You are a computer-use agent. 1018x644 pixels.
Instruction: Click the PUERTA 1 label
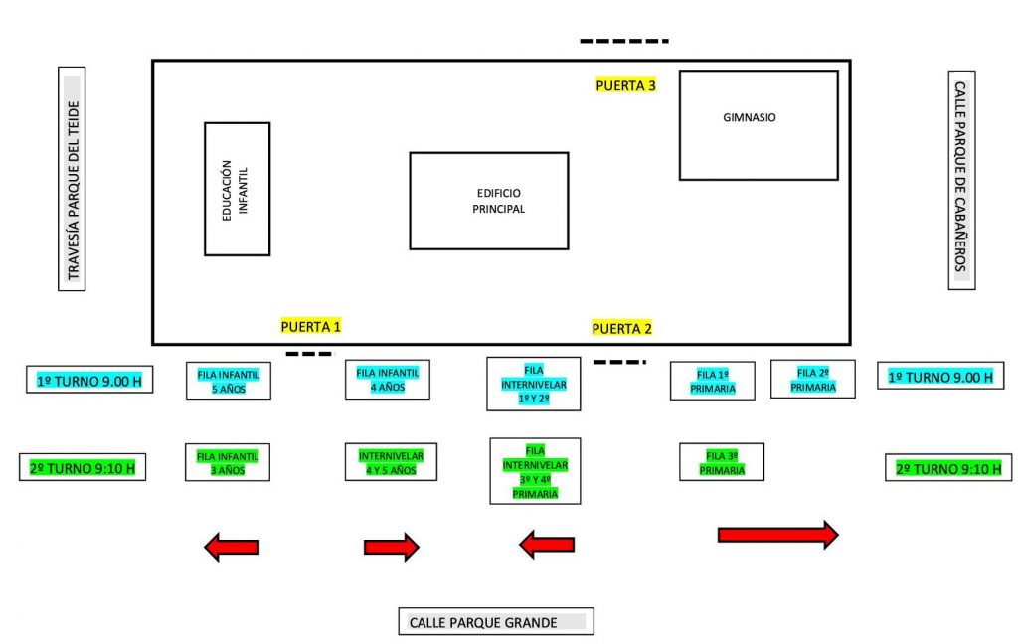tap(311, 326)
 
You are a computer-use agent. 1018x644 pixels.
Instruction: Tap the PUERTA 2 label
tap(622, 329)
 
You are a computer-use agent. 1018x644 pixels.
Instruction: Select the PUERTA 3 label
tap(626, 85)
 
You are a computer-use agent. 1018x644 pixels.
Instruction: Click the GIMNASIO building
tap(759, 125)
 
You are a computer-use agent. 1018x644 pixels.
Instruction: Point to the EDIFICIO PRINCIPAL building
tap(489, 201)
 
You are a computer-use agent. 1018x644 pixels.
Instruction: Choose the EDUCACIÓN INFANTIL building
tap(237, 189)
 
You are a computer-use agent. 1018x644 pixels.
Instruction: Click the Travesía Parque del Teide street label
tap(72, 179)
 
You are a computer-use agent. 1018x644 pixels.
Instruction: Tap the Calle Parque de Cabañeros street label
tap(961, 180)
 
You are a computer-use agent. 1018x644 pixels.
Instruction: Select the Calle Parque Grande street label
tap(496, 622)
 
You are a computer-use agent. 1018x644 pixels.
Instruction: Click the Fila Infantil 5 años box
tap(229, 381)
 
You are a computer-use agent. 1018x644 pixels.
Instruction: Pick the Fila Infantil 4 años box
tap(388, 379)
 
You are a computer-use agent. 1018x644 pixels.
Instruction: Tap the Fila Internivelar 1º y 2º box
tap(534, 384)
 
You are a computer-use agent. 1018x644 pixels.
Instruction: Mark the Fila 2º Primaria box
tap(813, 379)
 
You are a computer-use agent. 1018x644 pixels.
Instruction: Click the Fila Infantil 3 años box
tap(228, 462)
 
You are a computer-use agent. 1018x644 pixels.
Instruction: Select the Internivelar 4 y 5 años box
tap(391, 462)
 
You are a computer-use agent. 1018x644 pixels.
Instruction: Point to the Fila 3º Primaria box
tap(722, 462)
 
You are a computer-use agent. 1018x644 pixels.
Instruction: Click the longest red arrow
tap(777, 535)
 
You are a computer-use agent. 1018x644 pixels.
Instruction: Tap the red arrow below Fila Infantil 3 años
tap(232, 548)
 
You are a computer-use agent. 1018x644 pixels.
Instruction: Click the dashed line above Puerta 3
tap(624, 41)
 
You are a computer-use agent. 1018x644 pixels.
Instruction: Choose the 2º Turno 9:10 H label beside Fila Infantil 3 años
tap(83, 467)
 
